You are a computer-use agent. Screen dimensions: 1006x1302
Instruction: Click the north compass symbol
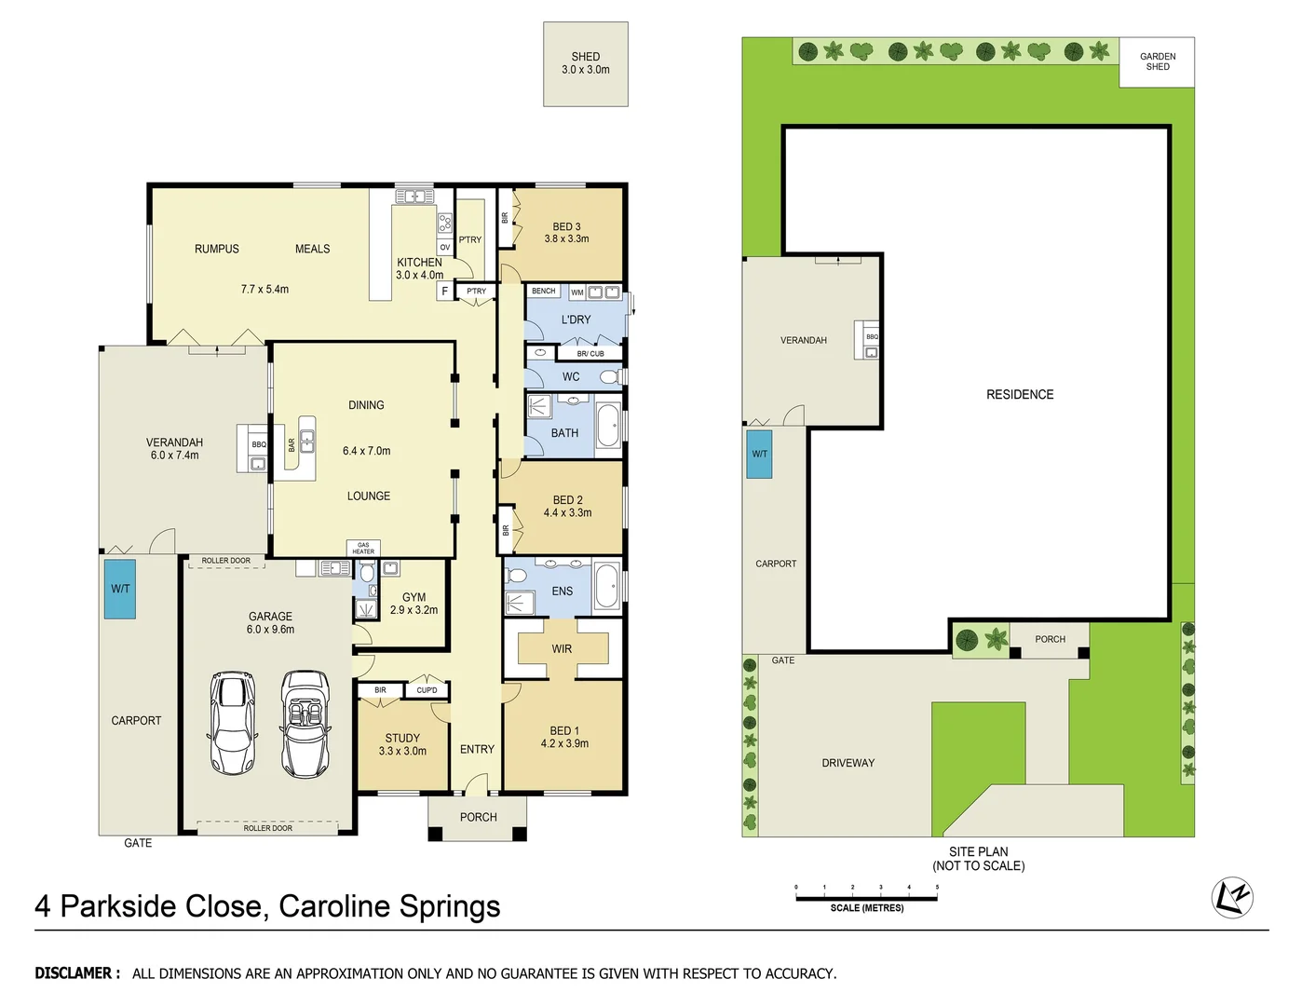click(x=1231, y=897)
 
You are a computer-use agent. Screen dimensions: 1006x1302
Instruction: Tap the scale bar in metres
click(x=866, y=899)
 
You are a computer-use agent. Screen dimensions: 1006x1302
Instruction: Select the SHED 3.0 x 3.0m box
click(x=585, y=63)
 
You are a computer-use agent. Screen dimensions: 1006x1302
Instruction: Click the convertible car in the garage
click(x=305, y=724)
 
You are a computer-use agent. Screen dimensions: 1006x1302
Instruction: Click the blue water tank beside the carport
click(x=120, y=589)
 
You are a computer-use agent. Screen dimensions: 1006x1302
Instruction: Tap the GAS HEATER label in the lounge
click(x=363, y=548)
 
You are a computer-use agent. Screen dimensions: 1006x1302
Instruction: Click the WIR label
click(x=562, y=649)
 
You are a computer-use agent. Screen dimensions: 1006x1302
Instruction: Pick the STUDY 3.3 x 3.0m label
click(x=402, y=743)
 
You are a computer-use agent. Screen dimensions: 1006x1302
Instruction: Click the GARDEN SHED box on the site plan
click(x=1157, y=62)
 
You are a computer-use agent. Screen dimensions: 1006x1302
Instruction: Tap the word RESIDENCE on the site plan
click(x=1020, y=395)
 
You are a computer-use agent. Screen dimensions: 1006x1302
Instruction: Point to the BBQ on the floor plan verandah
click(x=258, y=454)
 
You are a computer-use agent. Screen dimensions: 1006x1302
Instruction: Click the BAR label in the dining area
click(x=292, y=445)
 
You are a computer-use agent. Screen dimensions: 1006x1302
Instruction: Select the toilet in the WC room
click(x=609, y=377)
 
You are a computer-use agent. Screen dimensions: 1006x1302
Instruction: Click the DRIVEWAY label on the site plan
click(x=848, y=763)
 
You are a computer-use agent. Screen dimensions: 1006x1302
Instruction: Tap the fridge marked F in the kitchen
click(x=444, y=292)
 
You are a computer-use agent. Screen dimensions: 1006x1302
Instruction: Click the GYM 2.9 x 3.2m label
click(x=414, y=604)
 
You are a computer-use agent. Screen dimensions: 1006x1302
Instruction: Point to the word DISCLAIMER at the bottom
click(x=77, y=973)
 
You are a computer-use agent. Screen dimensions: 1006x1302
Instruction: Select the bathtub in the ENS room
click(x=607, y=585)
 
